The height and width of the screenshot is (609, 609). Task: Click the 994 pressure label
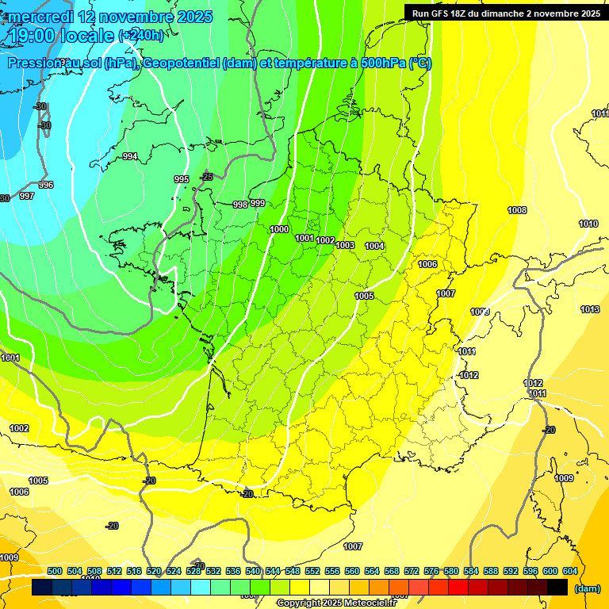(x=130, y=156)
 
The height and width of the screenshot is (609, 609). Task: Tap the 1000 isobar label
(x=279, y=229)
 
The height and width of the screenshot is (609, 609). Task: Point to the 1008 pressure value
(x=517, y=210)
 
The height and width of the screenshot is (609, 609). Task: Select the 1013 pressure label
(x=590, y=309)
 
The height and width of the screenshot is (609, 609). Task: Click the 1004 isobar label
(x=374, y=246)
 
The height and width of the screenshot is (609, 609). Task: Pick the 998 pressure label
(x=240, y=205)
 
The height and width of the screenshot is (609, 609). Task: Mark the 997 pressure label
(x=27, y=196)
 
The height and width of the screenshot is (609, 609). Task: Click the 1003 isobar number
(x=345, y=245)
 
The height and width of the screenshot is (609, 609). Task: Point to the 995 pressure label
(x=182, y=179)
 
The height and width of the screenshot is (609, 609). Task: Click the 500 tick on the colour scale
(x=55, y=571)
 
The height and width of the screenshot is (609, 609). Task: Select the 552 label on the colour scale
(x=312, y=571)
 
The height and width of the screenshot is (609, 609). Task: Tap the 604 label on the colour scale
(x=570, y=571)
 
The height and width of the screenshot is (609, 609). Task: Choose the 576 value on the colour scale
(x=431, y=571)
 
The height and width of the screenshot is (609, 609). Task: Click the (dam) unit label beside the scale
(x=588, y=588)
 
